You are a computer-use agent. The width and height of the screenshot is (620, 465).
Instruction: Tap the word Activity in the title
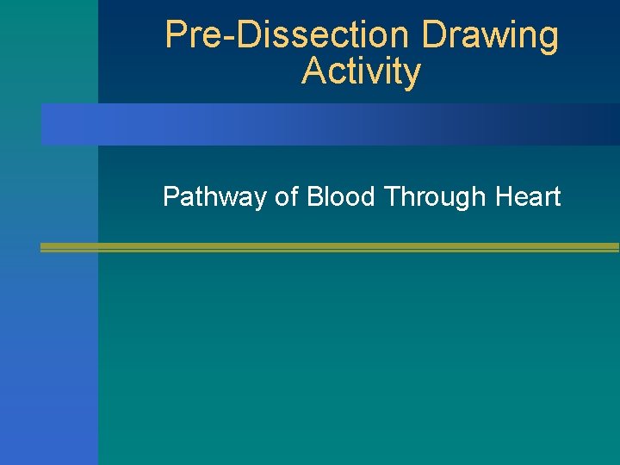[361, 71]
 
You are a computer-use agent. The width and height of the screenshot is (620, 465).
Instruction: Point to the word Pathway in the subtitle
[214, 197]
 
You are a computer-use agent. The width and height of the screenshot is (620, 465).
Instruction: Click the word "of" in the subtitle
[286, 197]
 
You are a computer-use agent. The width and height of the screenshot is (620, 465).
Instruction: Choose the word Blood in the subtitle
[341, 197]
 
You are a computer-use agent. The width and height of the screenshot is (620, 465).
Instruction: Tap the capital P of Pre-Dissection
[176, 35]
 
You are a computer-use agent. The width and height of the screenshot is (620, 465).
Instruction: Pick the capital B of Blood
[314, 197]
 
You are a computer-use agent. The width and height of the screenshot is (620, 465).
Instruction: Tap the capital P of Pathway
[170, 197]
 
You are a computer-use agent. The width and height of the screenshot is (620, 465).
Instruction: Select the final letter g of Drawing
[549, 40]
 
